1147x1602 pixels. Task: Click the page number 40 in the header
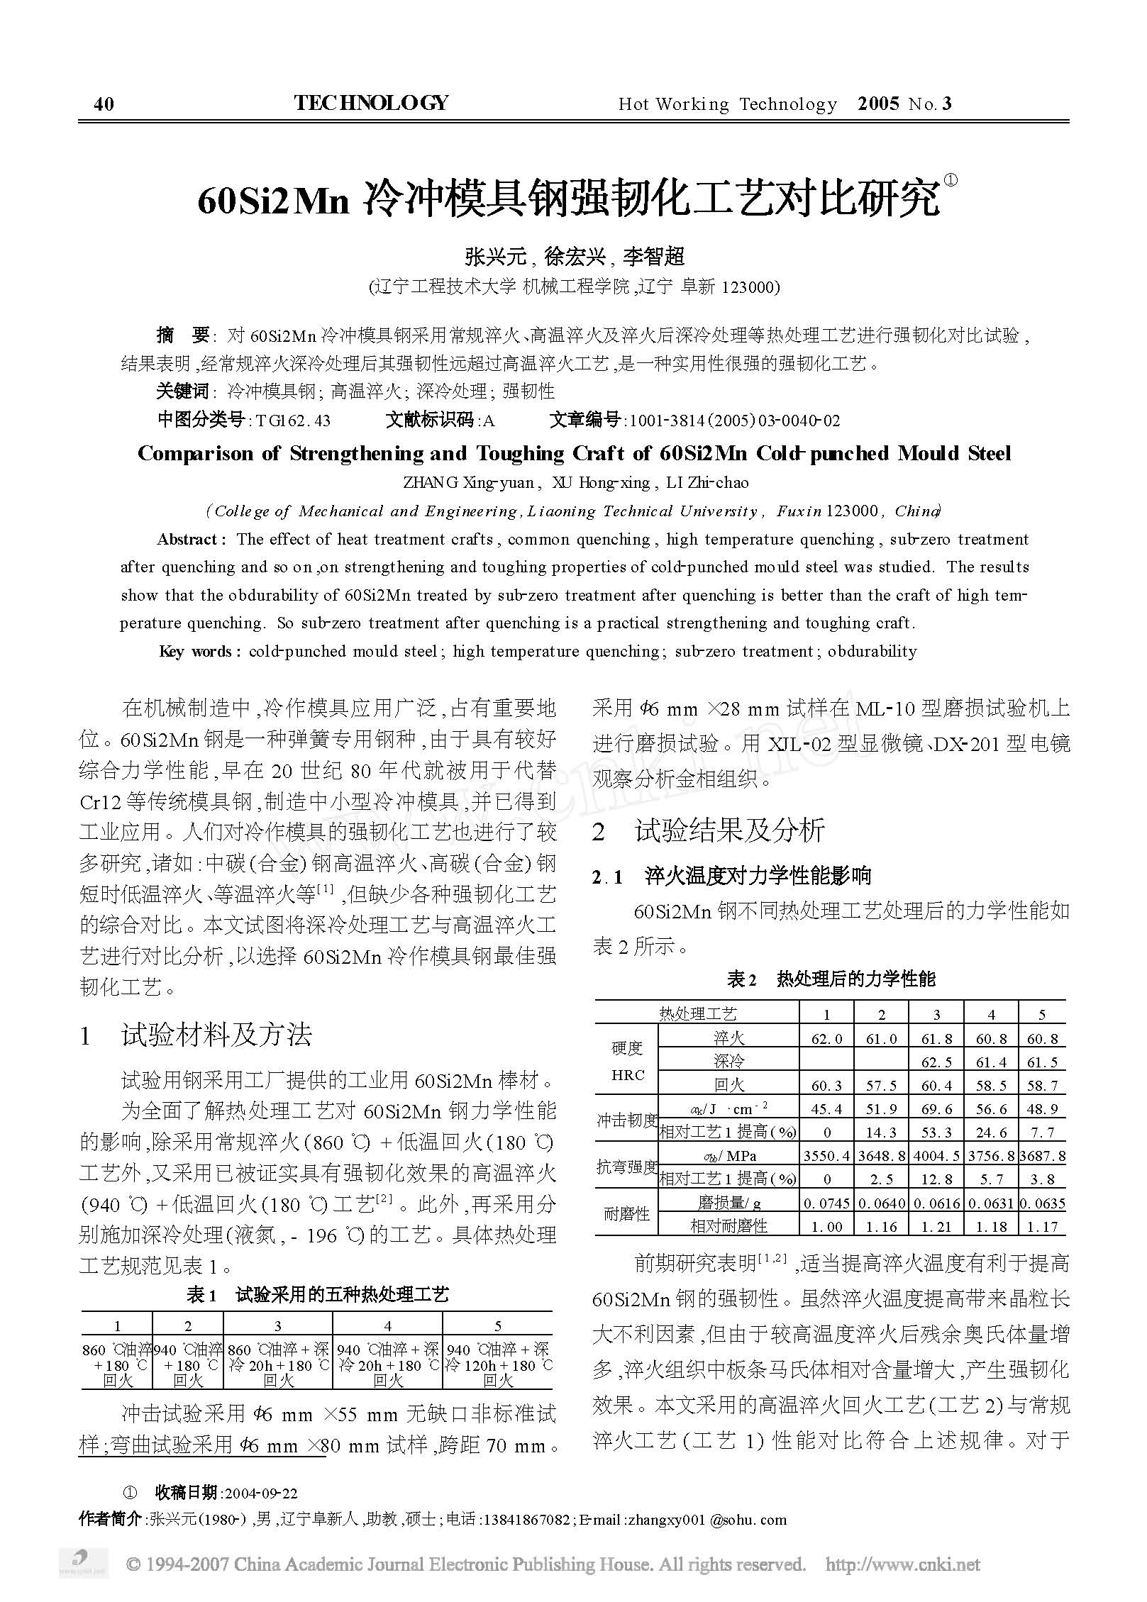tap(104, 105)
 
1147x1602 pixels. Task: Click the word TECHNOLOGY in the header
tap(371, 104)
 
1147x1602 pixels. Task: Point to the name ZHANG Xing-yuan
tap(468, 483)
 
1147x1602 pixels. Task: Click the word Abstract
tap(189, 540)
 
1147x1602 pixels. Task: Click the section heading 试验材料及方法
tap(216, 1035)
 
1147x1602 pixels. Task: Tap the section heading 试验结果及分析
tap(730, 830)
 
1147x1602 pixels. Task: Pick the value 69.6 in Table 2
tap(936, 1109)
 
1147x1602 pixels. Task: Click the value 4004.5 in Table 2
tap(936, 1156)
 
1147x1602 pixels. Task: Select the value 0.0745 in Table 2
tap(826, 1203)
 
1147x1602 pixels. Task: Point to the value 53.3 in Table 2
tap(936, 1133)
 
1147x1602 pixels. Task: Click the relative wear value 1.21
tap(936, 1227)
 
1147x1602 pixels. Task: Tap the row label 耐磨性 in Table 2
tap(626, 1215)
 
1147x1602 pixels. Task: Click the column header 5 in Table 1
tap(498, 1326)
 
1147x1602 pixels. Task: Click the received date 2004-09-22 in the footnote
tap(260, 1493)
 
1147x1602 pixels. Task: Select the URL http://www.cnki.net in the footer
tap(903, 1564)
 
